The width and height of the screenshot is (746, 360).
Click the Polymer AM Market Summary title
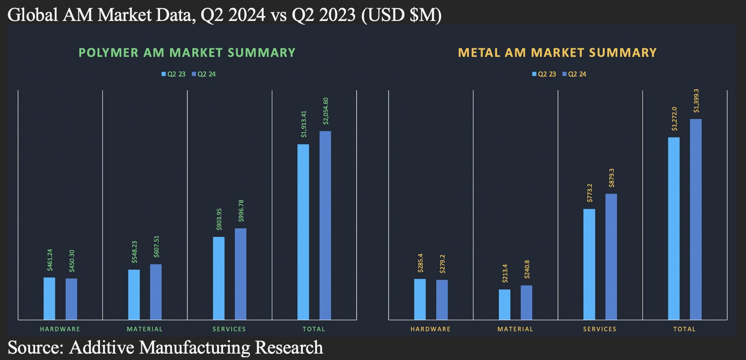pyautogui.click(x=187, y=53)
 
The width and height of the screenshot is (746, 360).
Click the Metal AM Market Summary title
pyautogui.click(x=557, y=53)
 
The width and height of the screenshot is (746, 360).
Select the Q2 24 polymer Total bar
pyautogui.click(x=325, y=225)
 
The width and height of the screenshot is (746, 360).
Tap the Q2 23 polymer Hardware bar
pyautogui.click(x=49, y=298)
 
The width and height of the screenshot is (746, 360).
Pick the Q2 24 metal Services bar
pyautogui.click(x=611, y=257)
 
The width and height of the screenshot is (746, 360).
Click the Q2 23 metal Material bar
pyautogui.click(x=504, y=304)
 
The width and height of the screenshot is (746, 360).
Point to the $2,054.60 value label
pyautogui.click(x=326, y=111)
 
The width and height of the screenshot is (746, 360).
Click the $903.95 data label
pyautogui.click(x=219, y=219)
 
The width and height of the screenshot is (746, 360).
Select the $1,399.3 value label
pyautogui.click(x=696, y=101)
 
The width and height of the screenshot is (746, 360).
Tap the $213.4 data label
pyautogui.click(x=505, y=273)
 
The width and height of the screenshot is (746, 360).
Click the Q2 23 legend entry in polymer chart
pyautogui.click(x=173, y=74)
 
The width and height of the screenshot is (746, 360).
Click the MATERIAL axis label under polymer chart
pyautogui.click(x=145, y=329)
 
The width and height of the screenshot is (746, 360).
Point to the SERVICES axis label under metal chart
pyautogui.click(x=600, y=329)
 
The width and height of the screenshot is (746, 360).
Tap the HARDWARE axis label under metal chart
pyautogui.click(x=430, y=329)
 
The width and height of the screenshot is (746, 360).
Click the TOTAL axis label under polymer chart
pyautogui.click(x=314, y=329)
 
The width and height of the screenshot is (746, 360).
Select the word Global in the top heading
pyautogui.click(x=33, y=15)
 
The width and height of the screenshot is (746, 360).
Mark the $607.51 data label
pyautogui.click(x=156, y=247)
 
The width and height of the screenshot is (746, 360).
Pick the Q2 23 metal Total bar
pyautogui.click(x=673, y=228)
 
